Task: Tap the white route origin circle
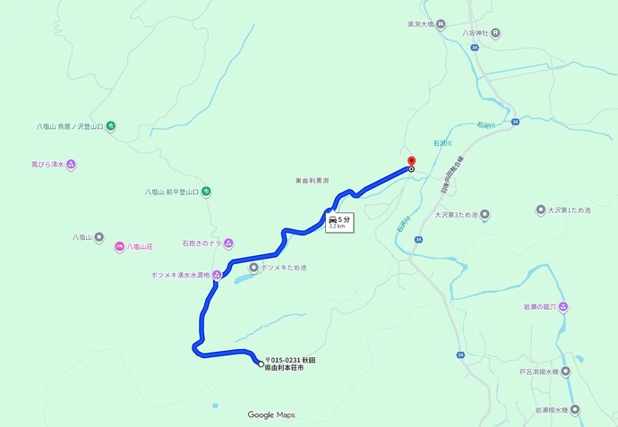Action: coord(261,363)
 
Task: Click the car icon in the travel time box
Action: coord(333,219)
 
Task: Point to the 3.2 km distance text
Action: coord(337,226)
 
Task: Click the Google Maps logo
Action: coord(271,414)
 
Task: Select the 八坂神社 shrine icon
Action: coord(495,33)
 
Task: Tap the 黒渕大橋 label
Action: coord(420,24)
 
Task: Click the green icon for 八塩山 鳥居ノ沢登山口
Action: coord(110,126)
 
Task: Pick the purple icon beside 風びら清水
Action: coord(71,164)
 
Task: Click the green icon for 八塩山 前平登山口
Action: coord(206,191)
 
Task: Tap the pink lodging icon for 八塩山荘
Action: coord(119,246)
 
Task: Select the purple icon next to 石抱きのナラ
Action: coord(228,243)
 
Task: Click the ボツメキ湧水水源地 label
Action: coord(180,276)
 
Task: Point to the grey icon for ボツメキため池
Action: coord(253,268)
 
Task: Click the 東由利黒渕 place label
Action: coord(312,182)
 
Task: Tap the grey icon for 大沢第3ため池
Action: coord(485,214)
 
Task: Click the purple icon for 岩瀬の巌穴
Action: coord(563,307)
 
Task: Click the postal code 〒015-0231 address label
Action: coord(290,363)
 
